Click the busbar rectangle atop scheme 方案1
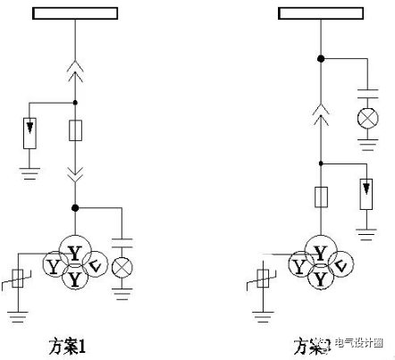(74, 13)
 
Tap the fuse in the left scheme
(75, 131)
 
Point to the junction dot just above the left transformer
(75, 208)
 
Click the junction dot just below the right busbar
(321, 58)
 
